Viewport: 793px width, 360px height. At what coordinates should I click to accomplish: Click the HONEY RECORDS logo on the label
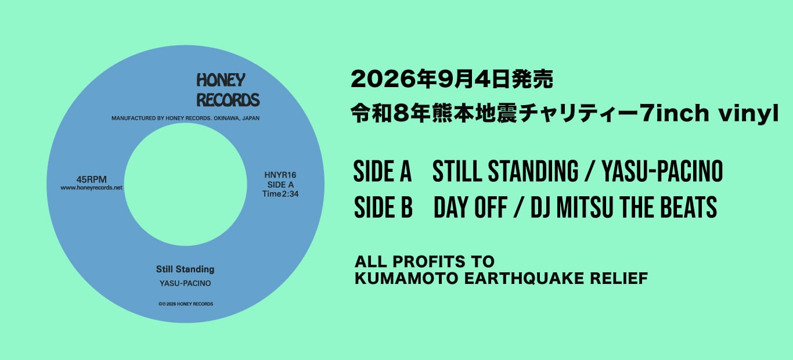(228, 90)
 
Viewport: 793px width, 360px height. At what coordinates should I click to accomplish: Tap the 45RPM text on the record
(91, 179)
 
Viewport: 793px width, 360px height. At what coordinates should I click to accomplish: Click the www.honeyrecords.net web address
(91, 188)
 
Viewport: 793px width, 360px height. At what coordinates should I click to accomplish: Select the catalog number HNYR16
(280, 175)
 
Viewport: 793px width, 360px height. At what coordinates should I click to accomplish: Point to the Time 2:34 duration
(280, 194)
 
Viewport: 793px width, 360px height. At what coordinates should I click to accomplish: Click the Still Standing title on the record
(185, 269)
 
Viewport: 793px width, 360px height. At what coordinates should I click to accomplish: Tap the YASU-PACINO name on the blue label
(185, 283)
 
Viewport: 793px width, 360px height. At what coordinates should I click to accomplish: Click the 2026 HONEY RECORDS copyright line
(186, 304)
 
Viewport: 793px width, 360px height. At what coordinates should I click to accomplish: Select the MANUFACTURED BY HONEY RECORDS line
(186, 118)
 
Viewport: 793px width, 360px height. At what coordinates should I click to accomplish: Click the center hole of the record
(186, 184)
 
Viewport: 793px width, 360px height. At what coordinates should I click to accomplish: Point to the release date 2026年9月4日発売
(452, 79)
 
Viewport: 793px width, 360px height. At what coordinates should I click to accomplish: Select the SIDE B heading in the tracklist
(383, 207)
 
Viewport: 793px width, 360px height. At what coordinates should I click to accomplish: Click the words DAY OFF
(470, 207)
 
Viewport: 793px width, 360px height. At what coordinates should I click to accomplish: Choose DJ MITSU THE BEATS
(624, 207)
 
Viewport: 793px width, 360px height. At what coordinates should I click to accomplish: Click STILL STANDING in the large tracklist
(506, 171)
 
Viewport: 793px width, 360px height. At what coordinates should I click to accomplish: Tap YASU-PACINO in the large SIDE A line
(662, 171)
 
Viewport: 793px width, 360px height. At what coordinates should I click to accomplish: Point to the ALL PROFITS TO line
(424, 262)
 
